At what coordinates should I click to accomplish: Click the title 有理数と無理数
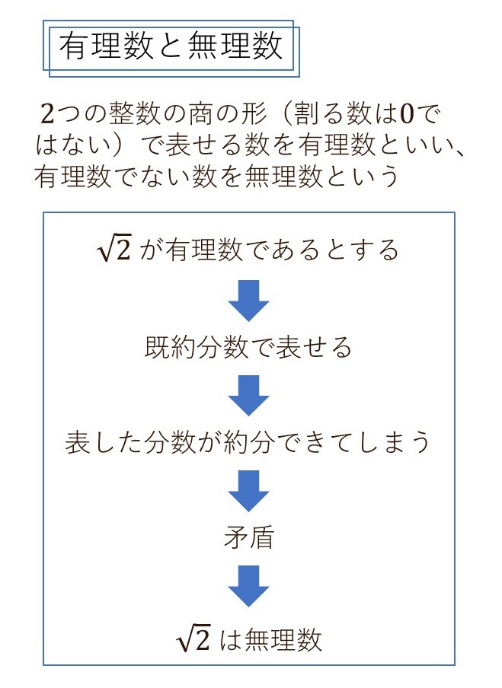171,46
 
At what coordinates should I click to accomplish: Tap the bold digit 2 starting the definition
47,114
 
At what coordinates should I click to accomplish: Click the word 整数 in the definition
135,114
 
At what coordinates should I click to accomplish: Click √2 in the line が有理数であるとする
114,250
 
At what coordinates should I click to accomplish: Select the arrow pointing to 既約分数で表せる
248,301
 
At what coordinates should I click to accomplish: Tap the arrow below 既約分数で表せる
248,395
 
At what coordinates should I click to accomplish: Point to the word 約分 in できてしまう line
249,442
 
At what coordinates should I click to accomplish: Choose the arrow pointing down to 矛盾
248,491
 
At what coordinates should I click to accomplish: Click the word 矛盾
249,537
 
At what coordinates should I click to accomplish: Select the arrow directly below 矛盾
248,586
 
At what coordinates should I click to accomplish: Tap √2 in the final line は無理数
193,639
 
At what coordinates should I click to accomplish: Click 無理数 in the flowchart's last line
283,640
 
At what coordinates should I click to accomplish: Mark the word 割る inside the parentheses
320,114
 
